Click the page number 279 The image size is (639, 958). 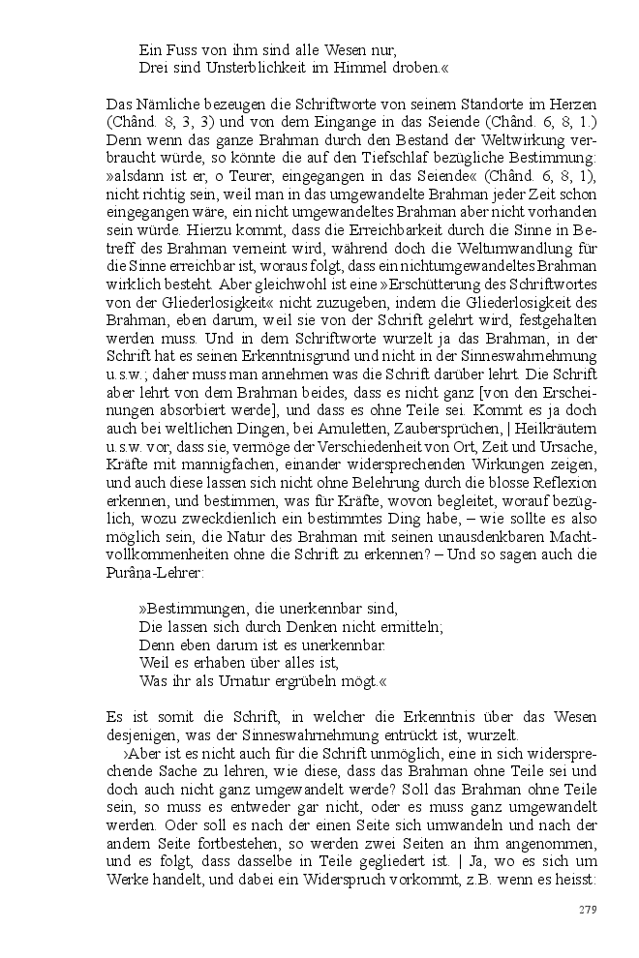[587, 910]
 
